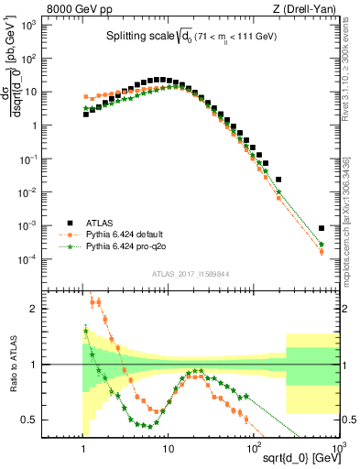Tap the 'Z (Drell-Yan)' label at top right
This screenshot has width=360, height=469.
(x=308, y=8)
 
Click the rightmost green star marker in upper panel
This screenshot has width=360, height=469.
(x=322, y=245)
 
